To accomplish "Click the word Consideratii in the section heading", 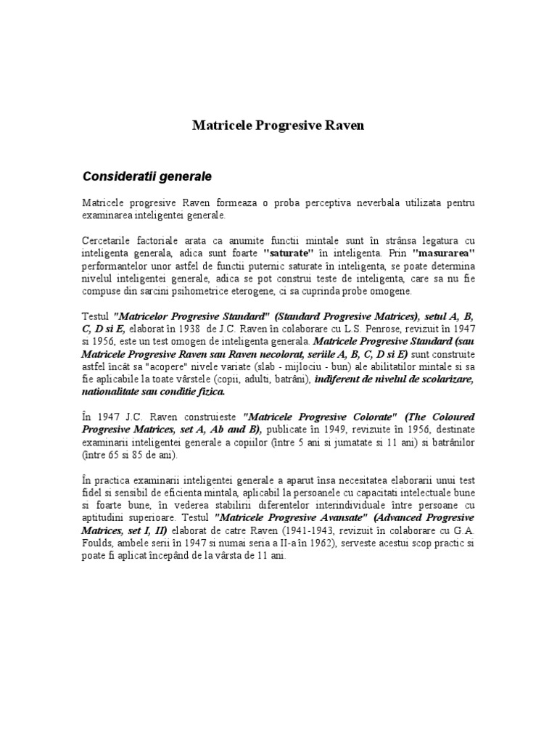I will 117,176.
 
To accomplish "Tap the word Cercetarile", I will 105,240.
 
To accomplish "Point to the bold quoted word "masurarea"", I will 442,253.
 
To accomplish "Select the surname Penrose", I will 365,328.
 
